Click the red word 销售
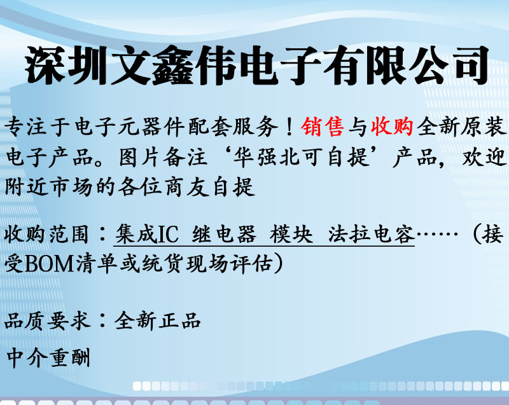(x=323, y=127)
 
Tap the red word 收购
(x=392, y=127)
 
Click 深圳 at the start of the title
(x=66, y=65)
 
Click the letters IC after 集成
(x=169, y=234)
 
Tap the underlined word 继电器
(x=224, y=234)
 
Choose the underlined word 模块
(x=291, y=234)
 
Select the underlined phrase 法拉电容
(x=372, y=234)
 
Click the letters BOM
(x=50, y=264)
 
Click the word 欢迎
(x=484, y=158)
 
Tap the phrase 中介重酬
(x=48, y=357)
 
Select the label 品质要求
(x=47, y=320)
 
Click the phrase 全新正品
(x=157, y=320)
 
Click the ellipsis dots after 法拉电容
(x=437, y=233)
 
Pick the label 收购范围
(x=46, y=234)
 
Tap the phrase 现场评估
(x=229, y=264)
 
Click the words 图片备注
(x=164, y=158)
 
